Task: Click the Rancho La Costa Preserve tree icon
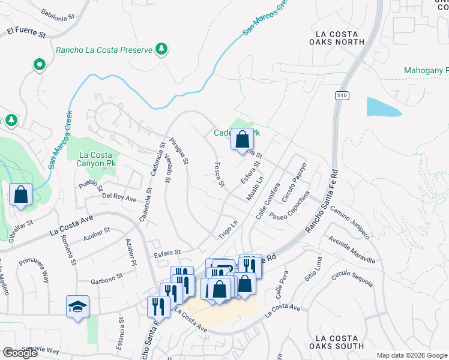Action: (161, 49)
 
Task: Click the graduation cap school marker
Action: (78, 307)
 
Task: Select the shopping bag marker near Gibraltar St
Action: (20, 194)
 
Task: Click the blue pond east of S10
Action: (382, 107)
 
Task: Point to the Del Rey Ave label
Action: (119, 196)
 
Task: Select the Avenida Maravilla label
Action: (352, 250)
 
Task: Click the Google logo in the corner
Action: (20, 352)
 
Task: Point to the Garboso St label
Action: (107, 277)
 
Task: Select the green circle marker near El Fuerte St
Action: (40, 64)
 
